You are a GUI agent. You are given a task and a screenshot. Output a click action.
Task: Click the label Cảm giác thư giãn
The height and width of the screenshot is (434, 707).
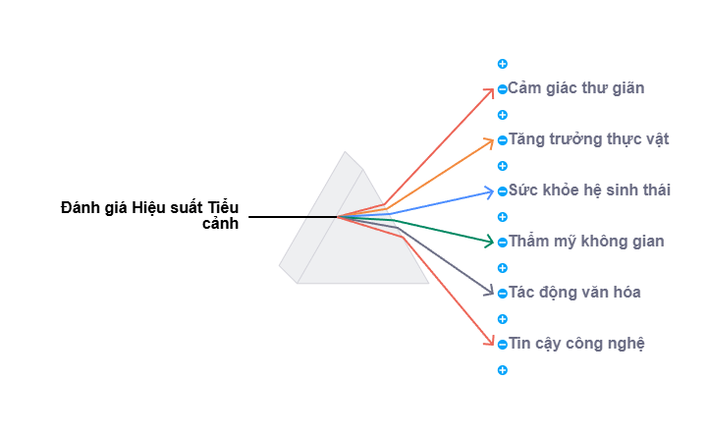coord(575,88)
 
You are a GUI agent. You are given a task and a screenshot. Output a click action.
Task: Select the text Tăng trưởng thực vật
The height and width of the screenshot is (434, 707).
coord(588,139)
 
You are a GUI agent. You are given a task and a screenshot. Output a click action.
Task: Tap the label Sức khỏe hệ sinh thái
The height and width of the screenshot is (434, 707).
coord(588,190)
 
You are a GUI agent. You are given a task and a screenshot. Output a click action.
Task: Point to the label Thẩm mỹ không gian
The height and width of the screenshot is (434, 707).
coord(586,242)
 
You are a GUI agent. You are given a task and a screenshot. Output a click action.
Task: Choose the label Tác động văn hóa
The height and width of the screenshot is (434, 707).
coord(575,293)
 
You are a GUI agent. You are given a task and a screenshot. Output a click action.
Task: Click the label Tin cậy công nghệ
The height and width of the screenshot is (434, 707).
coord(576,344)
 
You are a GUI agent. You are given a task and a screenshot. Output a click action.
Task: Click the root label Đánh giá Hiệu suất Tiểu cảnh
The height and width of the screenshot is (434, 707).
coord(149,216)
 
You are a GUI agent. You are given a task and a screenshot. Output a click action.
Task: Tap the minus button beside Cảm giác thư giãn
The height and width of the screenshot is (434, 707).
coord(503,89)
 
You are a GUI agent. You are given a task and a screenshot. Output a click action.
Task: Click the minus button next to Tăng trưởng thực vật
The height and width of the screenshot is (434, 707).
coord(503,140)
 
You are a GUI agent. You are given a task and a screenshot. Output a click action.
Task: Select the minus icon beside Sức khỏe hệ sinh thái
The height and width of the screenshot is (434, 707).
coord(503,191)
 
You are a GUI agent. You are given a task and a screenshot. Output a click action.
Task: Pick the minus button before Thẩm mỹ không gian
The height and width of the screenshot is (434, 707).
coord(503,243)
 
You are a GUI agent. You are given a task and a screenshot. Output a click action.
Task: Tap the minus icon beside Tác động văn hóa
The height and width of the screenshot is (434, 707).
coord(503,294)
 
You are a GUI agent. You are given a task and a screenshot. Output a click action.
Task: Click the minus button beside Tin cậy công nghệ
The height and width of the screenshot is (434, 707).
coord(503,345)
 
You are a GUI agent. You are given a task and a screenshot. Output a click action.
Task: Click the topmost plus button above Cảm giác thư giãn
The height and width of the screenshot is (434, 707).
coord(503,64)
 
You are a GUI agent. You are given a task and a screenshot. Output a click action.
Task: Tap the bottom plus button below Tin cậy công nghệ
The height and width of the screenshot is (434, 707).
coord(503,370)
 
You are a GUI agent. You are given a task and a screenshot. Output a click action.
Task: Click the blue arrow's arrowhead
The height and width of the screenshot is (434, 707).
coord(494,191)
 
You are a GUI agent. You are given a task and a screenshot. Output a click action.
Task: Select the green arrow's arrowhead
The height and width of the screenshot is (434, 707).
coord(494,242)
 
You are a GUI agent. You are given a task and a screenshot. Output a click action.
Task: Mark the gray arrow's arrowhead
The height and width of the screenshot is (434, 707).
coord(494,293)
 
